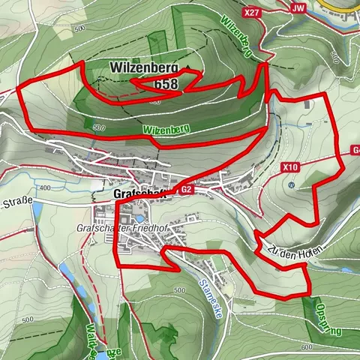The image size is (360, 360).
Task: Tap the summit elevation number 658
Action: point(166,85)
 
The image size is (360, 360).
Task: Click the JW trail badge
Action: point(298,8)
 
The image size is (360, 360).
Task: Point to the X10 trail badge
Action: point(292,167)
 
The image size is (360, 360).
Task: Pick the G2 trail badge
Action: point(187,190)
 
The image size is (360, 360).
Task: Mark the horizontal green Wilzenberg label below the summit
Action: point(166,129)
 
